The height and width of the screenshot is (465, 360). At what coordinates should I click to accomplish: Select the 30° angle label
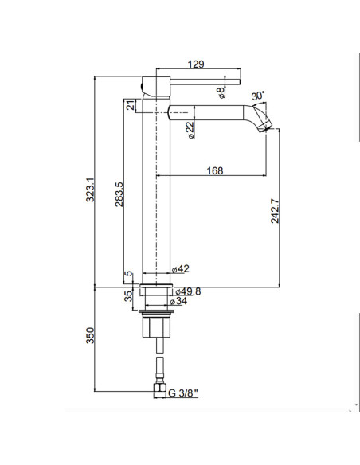point(259,96)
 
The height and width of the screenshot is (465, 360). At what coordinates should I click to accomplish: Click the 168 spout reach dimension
point(214,170)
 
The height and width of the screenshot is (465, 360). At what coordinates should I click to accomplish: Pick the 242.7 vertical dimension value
point(276,211)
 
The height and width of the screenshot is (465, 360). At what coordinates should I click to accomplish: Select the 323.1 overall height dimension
point(91,190)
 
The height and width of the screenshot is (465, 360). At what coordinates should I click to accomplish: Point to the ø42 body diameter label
point(181,269)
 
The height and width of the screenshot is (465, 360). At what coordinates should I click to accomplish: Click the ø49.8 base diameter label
point(188,291)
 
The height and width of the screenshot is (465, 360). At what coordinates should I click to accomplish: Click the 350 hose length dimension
point(91,337)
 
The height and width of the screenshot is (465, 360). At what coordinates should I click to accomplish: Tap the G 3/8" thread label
point(184,392)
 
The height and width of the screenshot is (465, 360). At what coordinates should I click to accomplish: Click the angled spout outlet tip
point(270,121)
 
